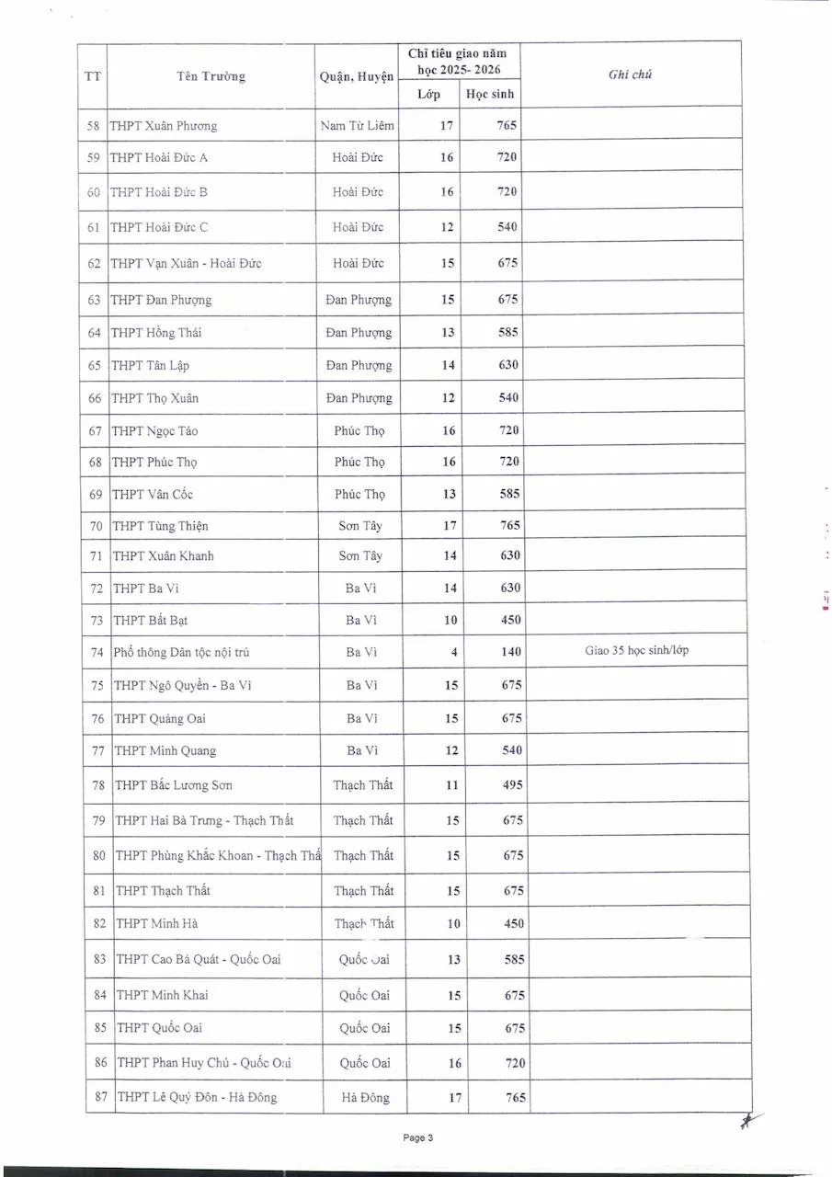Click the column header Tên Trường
[x=211, y=76]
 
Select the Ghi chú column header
[x=630, y=74]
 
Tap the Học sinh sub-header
[x=490, y=94]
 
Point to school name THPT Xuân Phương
[x=164, y=126]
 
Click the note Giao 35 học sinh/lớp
[x=636, y=650]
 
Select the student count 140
[x=510, y=651]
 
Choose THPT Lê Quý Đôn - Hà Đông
[x=197, y=1096]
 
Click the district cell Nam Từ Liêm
[x=357, y=126]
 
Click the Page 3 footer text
[x=417, y=1137]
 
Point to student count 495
[x=512, y=784]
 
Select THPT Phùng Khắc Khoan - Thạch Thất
[x=218, y=855]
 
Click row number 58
[x=93, y=126]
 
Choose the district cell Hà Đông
[x=365, y=1096]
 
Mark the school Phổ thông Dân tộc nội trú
[x=181, y=652]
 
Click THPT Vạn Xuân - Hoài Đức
[x=186, y=263]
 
